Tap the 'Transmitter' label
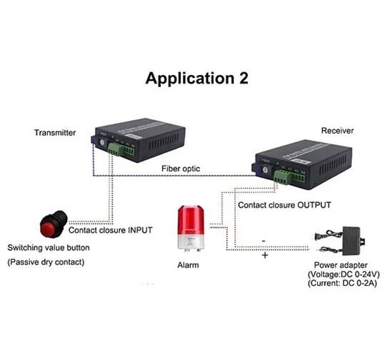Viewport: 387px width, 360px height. coord(54,132)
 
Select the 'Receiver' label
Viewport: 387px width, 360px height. coord(338,131)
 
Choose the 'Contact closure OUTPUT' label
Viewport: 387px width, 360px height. coord(284,204)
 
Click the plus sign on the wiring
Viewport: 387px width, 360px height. coord(264,255)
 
